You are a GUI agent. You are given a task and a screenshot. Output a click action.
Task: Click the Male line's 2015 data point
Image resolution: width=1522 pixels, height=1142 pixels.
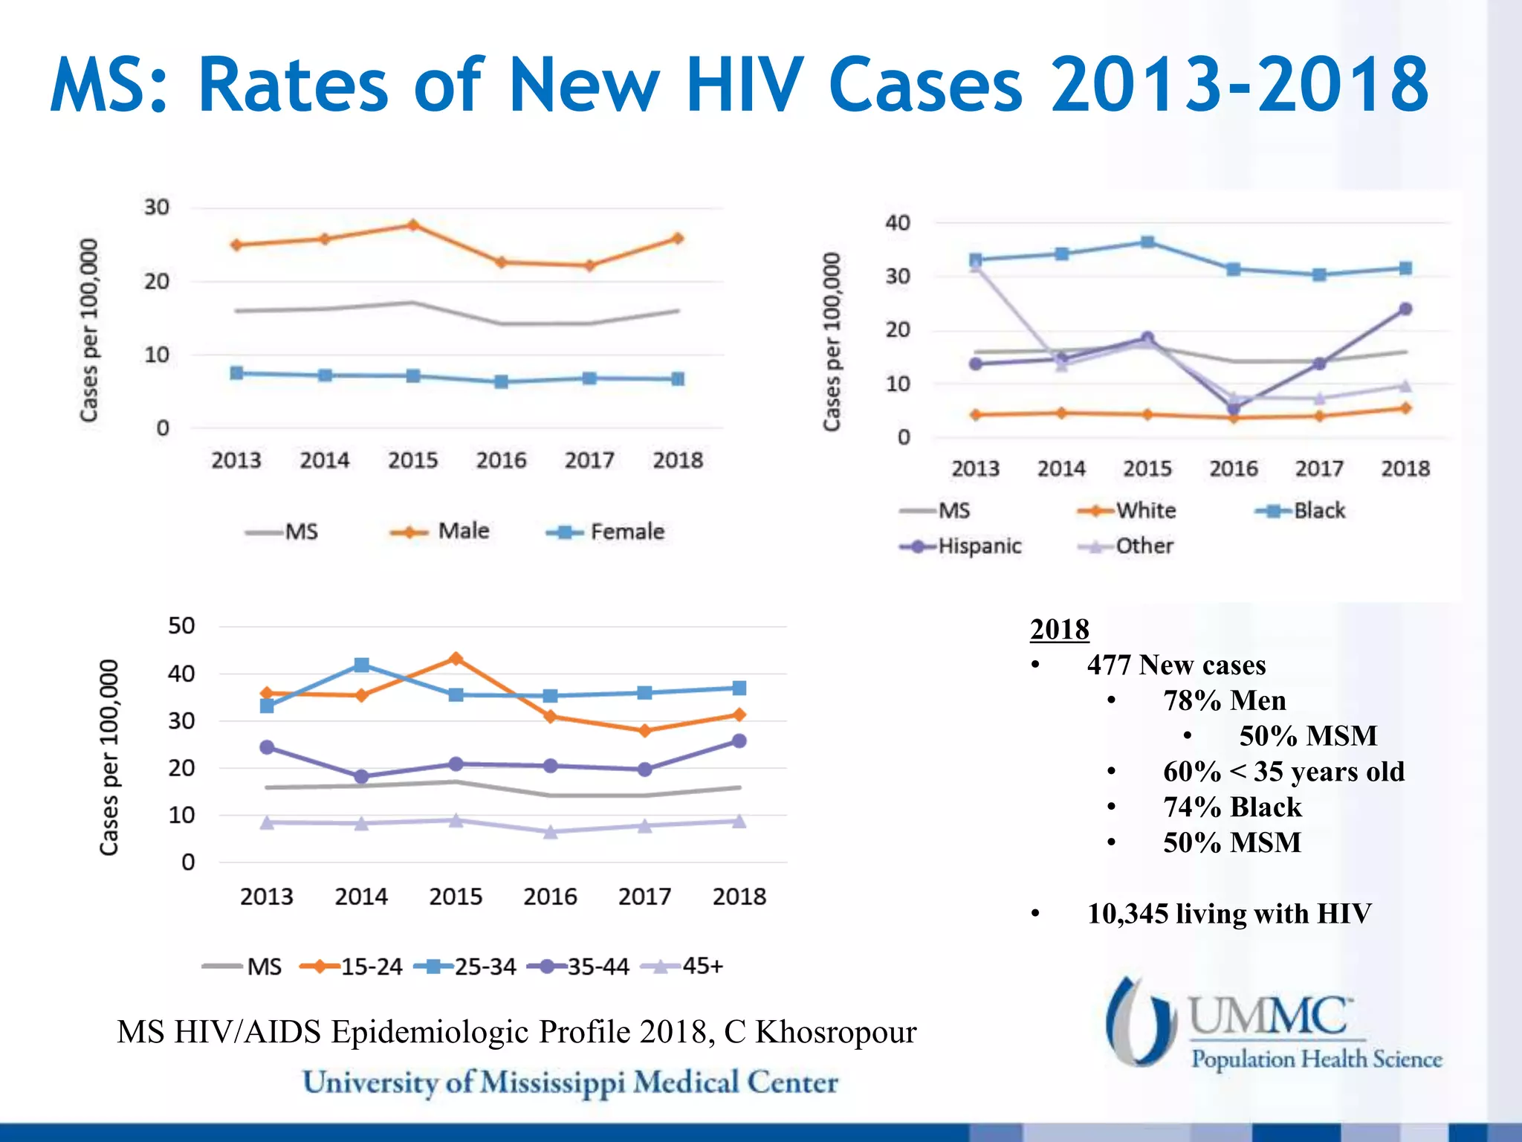pyautogui.click(x=413, y=225)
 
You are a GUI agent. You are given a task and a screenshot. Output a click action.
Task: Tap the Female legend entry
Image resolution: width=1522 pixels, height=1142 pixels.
pyautogui.click(x=606, y=532)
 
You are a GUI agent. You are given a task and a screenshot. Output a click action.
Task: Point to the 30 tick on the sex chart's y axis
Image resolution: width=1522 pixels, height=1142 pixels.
pyautogui.click(x=157, y=207)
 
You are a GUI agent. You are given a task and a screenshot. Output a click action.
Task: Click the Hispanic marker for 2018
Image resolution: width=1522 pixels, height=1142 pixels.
pyautogui.click(x=1405, y=309)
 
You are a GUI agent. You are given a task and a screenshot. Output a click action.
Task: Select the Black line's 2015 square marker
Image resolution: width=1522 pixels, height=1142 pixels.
pyautogui.click(x=1147, y=242)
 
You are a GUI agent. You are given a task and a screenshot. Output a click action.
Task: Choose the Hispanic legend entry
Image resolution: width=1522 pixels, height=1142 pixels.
pyautogui.click(x=962, y=546)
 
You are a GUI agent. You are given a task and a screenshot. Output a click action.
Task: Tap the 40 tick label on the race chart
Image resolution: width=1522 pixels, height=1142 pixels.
pyautogui.click(x=898, y=223)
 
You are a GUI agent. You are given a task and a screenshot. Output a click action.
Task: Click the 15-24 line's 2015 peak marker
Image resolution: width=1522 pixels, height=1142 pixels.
pyautogui.click(x=456, y=659)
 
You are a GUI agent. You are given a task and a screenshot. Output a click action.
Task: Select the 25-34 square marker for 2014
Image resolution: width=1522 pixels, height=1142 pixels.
pyautogui.click(x=361, y=665)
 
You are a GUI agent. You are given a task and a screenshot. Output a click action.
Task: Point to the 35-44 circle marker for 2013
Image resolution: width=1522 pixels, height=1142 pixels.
pyautogui.click(x=267, y=747)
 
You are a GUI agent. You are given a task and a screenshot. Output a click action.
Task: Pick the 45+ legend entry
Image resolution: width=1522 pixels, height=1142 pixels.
pyautogui.click(x=683, y=967)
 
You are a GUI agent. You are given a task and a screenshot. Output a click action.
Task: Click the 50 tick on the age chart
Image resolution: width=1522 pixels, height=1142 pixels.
pyautogui.click(x=181, y=626)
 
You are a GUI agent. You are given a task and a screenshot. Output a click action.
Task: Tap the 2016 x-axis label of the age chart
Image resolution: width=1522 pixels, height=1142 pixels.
pyautogui.click(x=550, y=897)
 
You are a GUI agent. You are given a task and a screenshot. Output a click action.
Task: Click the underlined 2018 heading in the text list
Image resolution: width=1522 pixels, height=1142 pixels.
pyautogui.click(x=1059, y=630)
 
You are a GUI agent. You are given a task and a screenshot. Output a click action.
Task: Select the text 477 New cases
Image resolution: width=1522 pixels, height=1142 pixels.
pyautogui.click(x=1176, y=665)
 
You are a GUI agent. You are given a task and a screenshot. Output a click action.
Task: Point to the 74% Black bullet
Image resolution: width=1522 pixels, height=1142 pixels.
pyautogui.click(x=1231, y=807)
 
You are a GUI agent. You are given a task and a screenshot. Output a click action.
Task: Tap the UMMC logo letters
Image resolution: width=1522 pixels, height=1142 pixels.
pyautogui.click(x=1268, y=1017)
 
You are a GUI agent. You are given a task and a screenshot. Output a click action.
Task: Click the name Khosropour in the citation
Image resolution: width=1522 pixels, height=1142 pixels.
pyautogui.click(x=835, y=1033)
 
